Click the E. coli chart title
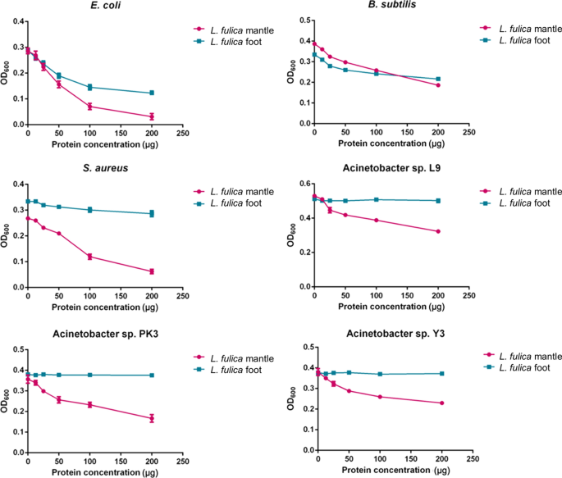click(x=107, y=7)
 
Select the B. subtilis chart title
click(x=391, y=7)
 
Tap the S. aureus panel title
click(x=107, y=171)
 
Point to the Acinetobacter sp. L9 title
click(x=392, y=171)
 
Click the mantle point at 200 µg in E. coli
click(x=151, y=116)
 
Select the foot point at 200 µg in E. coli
click(x=151, y=93)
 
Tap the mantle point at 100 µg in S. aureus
click(x=89, y=257)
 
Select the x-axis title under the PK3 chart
click(x=105, y=471)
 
